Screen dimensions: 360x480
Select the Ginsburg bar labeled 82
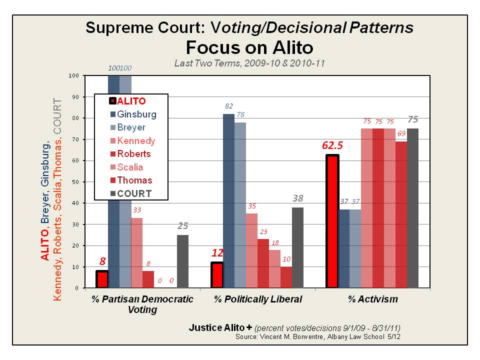[x=228, y=200]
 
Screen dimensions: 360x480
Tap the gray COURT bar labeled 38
[x=298, y=247]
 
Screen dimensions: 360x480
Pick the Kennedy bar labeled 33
[x=136, y=252]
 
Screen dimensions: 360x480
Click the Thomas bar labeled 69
[x=401, y=214]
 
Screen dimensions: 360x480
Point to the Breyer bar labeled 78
[x=240, y=205]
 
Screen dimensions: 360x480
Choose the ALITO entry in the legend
[x=127, y=101]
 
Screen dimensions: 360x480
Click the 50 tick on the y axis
[x=76, y=182]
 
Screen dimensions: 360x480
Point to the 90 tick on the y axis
[x=76, y=97]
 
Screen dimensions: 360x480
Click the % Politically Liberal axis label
[x=258, y=299]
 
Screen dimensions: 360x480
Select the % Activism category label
[x=373, y=299]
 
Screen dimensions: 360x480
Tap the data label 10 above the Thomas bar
[x=286, y=259]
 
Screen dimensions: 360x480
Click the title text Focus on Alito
[x=249, y=47]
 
